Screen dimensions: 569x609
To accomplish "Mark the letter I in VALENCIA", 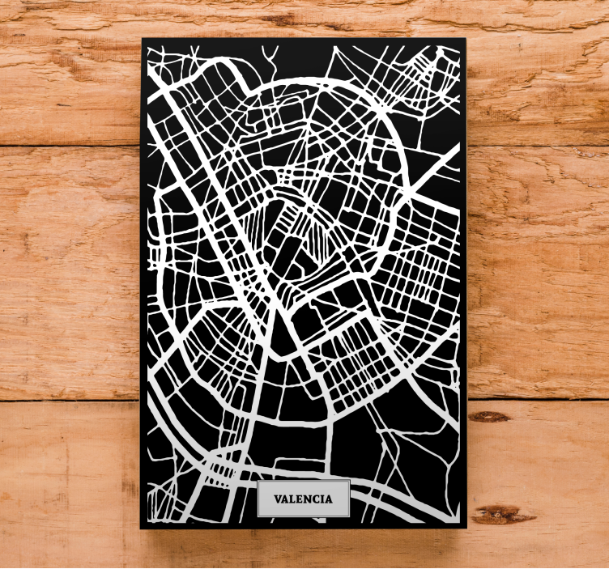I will pyautogui.click(x=322, y=499).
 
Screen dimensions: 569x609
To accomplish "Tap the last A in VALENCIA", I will pyautogui.click(x=328, y=499).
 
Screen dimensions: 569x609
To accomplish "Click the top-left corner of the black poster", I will pyautogui.click(x=142, y=39).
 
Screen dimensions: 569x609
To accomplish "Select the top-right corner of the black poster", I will pyautogui.click(x=466, y=39).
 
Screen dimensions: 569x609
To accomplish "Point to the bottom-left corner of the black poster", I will pyautogui.click(x=142, y=528).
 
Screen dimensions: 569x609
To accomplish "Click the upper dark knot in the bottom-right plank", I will pyautogui.click(x=489, y=416).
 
